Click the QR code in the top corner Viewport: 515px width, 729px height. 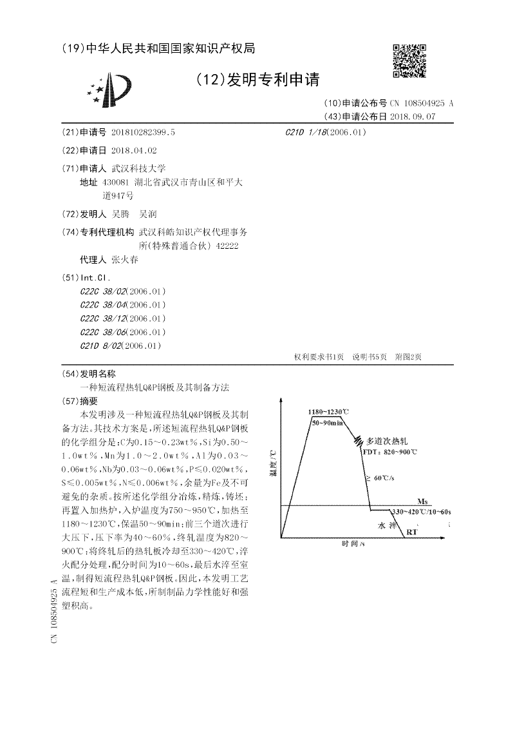click(x=409, y=61)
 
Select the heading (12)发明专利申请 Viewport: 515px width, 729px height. click(x=257, y=79)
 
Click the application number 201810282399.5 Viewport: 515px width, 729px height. click(x=144, y=131)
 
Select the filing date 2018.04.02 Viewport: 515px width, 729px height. click(x=134, y=150)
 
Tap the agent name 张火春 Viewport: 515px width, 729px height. click(x=125, y=260)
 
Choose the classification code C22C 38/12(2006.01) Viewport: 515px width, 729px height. click(x=123, y=318)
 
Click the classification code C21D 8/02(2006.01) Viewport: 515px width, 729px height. click(x=120, y=345)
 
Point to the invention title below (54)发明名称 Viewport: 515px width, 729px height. click(x=154, y=388)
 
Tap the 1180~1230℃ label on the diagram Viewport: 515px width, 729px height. click(x=328, y=411)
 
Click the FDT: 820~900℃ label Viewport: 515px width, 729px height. click(x=389, y=452)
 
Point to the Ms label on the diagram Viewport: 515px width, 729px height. click(x=422, y=501)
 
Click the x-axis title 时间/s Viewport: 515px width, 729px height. click(x=353, y=544)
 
